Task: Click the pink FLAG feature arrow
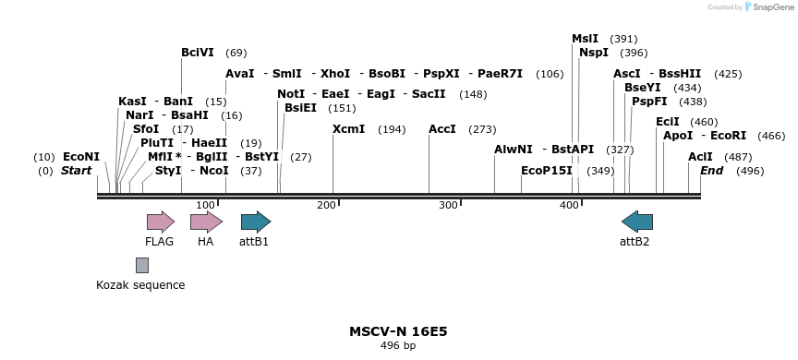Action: click(161, 222)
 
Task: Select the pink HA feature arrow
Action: click(206, 222)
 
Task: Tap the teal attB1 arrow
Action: click(255, 222)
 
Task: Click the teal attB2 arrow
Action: click(637, 222)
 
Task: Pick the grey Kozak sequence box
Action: click(142, 265)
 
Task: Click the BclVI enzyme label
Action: click(198, 53)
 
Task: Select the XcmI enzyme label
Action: click(348, 129)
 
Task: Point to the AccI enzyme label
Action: click(442, 129)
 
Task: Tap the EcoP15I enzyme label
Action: click(547, 171)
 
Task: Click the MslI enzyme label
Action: click(585, 39)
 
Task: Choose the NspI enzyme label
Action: click(594, 53)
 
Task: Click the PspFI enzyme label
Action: click(649, 102)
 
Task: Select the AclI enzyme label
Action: click(700, 157)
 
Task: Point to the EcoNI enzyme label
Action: click(81, 157)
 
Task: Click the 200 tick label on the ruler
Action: click(326, 205)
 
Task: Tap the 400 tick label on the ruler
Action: click(569, 205)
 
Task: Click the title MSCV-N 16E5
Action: click(398, 330)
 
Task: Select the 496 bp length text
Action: click(398, 346)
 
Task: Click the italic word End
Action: click(711, 171)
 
